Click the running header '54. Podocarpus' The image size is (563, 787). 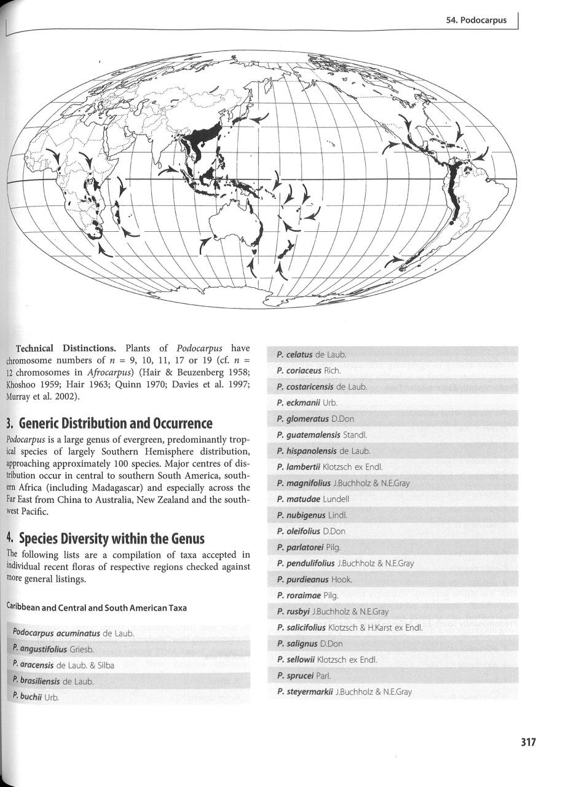[x=476, y=20]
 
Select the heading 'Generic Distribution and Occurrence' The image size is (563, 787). [x=116, y=424]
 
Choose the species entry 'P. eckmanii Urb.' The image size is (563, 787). [x=304, y=403]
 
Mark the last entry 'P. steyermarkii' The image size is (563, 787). [x=344, y=692]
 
